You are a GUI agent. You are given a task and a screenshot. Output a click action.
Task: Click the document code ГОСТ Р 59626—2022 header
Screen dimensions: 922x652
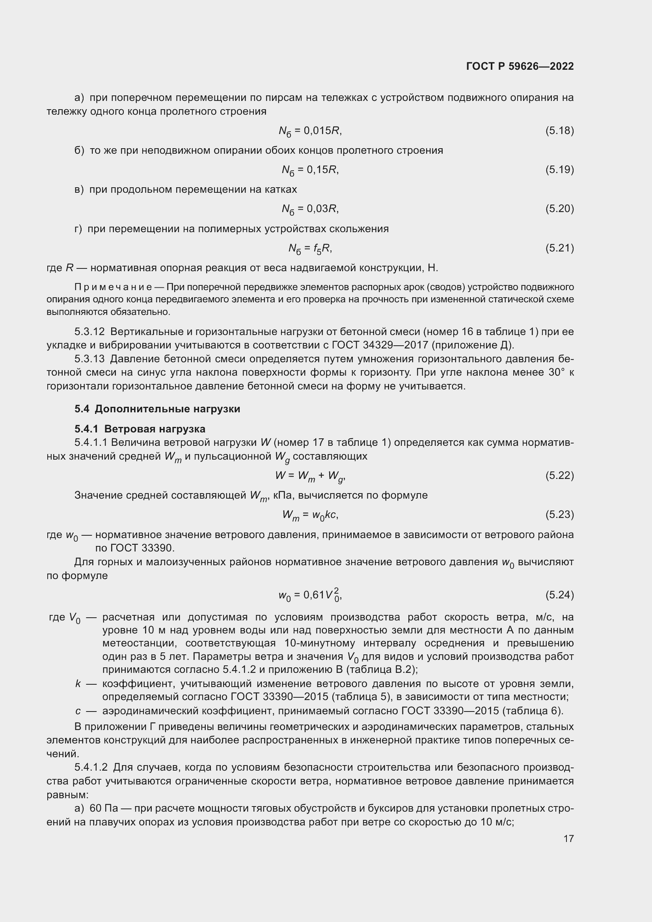520,67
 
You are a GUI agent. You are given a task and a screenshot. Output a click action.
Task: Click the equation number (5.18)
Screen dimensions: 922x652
559,130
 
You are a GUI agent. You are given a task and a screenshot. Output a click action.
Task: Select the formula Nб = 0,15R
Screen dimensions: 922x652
310,170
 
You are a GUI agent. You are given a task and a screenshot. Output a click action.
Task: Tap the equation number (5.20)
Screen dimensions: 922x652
559,209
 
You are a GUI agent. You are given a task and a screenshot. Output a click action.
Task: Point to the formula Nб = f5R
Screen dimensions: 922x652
310,249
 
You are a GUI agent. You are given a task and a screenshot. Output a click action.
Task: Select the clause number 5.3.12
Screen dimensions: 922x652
89,332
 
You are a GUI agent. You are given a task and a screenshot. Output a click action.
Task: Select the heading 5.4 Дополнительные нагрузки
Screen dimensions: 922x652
157,409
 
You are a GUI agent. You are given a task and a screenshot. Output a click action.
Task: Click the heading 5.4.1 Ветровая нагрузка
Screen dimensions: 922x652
140,429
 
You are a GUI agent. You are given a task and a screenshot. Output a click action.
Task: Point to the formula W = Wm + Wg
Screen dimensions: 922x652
310,476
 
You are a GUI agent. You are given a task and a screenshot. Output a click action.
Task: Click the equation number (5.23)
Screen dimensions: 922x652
559,514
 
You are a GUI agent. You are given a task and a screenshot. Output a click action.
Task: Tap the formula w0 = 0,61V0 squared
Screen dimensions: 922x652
310,595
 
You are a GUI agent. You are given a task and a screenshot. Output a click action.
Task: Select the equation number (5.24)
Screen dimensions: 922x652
559,595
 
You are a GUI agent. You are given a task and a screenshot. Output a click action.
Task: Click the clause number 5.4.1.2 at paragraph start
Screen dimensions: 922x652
91,767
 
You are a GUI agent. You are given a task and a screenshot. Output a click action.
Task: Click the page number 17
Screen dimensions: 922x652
568,838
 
